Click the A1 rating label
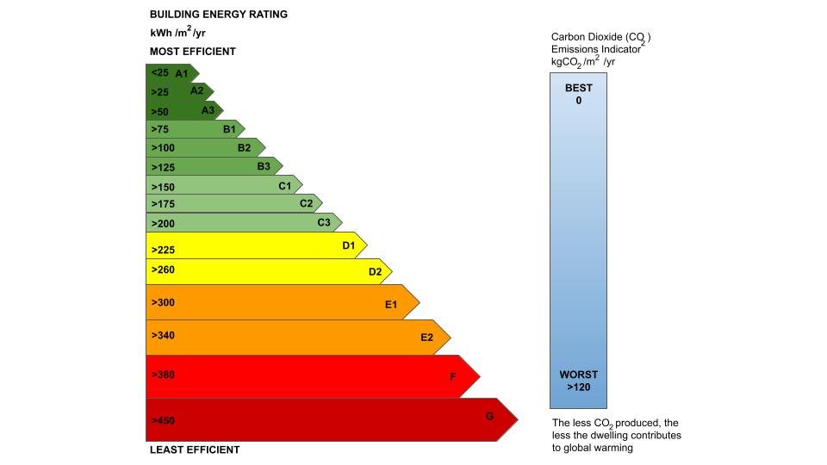[x=181, y=73]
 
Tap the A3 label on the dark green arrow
[x=208, y=110]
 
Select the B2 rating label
[x=245, y=147]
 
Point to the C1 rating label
[x=284, y=185]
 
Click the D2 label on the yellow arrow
[x=375, y=272]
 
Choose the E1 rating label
[x=391, y=304]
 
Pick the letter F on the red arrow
[x=453, y=377]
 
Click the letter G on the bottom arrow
[x=489, y=417]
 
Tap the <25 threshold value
[x=159, y=73]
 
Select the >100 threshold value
[x=163, y=148]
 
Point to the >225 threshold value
[x=163, y=251]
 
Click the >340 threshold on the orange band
[x=163, y=336]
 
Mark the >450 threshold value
[x=163, y=421]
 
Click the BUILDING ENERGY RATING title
[x=219, y=15]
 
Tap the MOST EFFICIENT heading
[x=193, y=52]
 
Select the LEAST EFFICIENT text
[x=195, y=449]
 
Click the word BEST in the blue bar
[x=579, y=89]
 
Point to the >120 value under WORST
[x=579, y=387]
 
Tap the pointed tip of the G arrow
[x=517, y=420]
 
